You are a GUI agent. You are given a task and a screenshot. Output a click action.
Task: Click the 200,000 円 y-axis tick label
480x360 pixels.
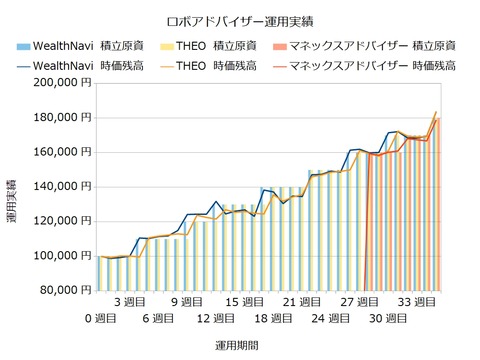(61, 83)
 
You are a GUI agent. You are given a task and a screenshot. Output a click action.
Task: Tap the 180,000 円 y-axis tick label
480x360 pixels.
(61, 118)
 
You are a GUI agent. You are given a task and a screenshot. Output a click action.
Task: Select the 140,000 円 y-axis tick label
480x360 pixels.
(61, 187)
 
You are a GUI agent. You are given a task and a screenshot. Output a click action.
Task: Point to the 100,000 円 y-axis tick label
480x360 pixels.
(61, 256)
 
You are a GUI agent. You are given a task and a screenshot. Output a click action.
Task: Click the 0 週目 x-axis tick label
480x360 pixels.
(103, 319)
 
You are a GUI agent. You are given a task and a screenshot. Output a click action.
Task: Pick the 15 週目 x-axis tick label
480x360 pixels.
(244, 301)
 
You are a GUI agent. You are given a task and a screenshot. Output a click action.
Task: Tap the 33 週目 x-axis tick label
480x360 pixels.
(414, 301)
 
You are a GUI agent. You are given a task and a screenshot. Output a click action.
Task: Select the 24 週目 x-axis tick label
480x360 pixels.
(329, 319)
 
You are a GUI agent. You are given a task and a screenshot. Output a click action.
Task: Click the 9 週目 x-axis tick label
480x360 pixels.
(188, 301)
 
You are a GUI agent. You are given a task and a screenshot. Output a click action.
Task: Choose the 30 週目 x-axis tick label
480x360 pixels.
(386, 319)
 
